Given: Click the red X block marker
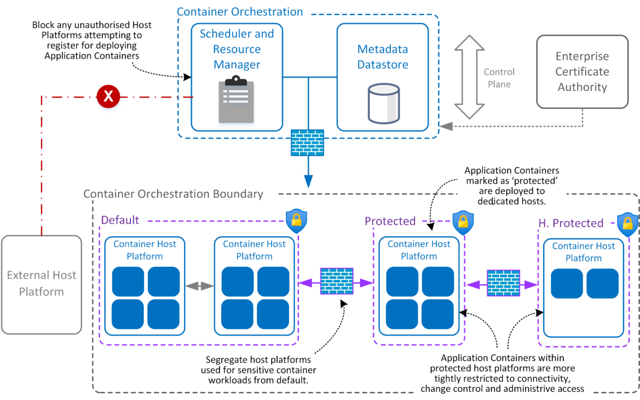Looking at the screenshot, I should point(108,96).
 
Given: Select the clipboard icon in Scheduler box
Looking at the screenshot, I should point(236,100).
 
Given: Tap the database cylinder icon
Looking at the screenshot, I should point(383,103).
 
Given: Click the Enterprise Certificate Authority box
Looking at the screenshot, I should point(582,72).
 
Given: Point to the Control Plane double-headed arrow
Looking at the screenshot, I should point(469,77).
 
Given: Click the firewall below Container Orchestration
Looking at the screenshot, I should point(307,142).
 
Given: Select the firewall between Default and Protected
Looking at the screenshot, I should point(337,281).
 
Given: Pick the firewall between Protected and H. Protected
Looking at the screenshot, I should point(503,283).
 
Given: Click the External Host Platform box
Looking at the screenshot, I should point(42,284).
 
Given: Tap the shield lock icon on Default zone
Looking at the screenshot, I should point(296,221).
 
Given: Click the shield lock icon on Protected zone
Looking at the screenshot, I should point(463,222).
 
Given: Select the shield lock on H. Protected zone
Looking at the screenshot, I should point(627,224).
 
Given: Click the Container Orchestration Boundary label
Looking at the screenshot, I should point(173,194).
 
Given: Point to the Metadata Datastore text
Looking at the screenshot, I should point(382,57).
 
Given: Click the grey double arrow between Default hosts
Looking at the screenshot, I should point(200,286).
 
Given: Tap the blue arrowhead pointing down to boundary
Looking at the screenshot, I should point(308,181).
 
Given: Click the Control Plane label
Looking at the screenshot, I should point(499,78).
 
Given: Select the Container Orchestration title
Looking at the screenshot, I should point(240,12).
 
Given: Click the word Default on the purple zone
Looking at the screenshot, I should point(120,220).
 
